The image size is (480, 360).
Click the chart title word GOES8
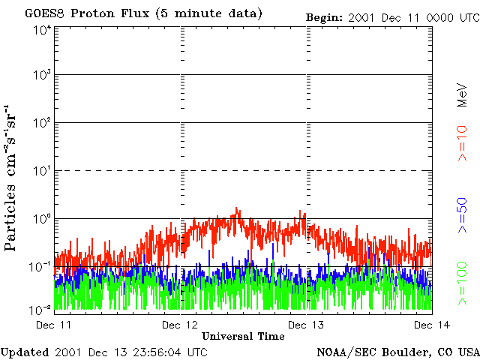(x=45, y=13)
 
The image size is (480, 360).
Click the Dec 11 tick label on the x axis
(x=53, y=325)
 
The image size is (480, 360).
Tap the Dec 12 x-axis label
(x=180, y=325)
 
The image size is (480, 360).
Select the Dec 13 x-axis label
(x=306, y=325)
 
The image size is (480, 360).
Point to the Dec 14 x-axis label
(x=432, y=325)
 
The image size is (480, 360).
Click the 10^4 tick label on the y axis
(x=41, y=31)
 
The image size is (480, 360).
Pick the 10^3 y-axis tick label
(x=41, y=75)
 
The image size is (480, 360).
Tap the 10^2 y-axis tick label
(x=41, y=123)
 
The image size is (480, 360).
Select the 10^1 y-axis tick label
(x=41, y=171)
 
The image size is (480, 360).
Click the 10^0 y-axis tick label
(x=41, y=219)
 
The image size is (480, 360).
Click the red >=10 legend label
(x=462, y=143)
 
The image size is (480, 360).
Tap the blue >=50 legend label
(x=462, y=215)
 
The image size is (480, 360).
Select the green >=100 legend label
(x=462, y=283)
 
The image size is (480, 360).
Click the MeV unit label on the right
(x=462, y=94)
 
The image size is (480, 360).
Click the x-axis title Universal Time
(x=243, y=336)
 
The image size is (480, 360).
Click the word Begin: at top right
(x=325, y=18)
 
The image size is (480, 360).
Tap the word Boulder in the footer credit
(x=402, y=352)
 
